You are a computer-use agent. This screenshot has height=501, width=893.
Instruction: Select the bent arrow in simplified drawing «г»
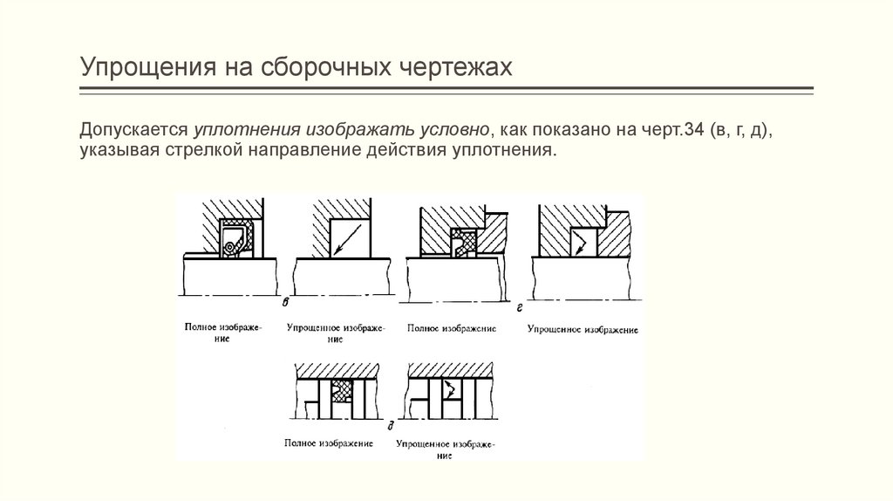point(578,242)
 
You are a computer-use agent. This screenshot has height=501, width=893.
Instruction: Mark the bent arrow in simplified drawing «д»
point(452,390)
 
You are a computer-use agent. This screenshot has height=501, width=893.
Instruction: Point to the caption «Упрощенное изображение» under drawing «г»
point(583,330)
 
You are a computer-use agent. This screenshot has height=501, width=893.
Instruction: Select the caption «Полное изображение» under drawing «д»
point(328,443)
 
